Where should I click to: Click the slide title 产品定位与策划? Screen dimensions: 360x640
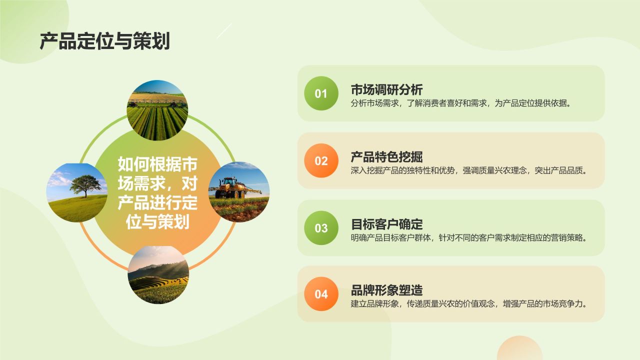104,41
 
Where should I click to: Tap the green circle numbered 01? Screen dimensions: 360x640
321,93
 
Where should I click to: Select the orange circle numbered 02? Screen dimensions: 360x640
321,160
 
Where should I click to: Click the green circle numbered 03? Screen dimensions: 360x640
321,228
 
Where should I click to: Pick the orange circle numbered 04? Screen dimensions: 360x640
321,294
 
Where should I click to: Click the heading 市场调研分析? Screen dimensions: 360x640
386,89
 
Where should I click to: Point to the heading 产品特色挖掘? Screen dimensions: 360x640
386,156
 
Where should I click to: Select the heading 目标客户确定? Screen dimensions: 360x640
386,223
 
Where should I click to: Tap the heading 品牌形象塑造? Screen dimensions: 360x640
386,290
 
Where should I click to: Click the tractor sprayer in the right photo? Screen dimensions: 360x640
231,188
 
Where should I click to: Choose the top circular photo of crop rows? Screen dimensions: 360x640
157,110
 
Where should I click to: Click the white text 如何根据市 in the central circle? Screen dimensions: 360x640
157,164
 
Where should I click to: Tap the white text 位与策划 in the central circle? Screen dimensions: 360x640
157,221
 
